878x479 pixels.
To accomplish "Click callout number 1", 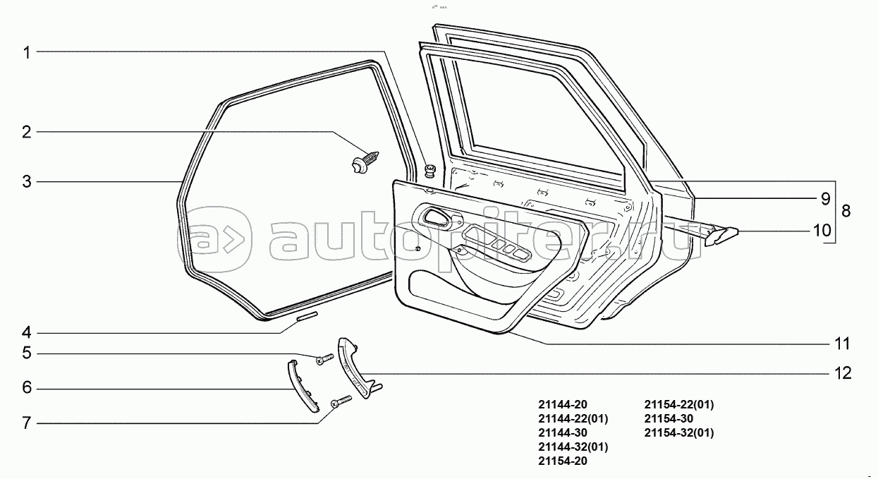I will pyautogui.click(x=27, y=53).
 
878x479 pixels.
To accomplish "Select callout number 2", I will pyautogui.click(x=27, y=132).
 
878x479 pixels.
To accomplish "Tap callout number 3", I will pyautogui.click(x=27, y=182).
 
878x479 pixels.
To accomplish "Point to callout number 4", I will pyautogui.click(x=27, y=332).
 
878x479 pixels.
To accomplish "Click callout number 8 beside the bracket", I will pyautogui.click(x=846, y=211).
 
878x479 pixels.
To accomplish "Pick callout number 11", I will pyautogui.click(x=842, y=344).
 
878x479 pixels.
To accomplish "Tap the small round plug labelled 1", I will pyautogui.click(x=429, y=170).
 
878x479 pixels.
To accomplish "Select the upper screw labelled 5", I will pyautogui.click(x=325, y=360).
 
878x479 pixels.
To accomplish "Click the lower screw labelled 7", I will pyautogui.click(x=341, y=401).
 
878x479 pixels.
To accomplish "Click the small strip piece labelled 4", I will pyautogui.click(x=307, y=316).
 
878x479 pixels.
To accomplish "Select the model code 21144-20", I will pyautogui.click(x=562, y=405).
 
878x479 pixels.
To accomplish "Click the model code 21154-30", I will pyautogui.click(x=669, y=419).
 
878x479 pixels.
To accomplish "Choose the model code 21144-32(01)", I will pyautogui.click(x=573, y=447).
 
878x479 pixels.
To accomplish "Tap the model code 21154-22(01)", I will pyautogui.click(x=679, y=405).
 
